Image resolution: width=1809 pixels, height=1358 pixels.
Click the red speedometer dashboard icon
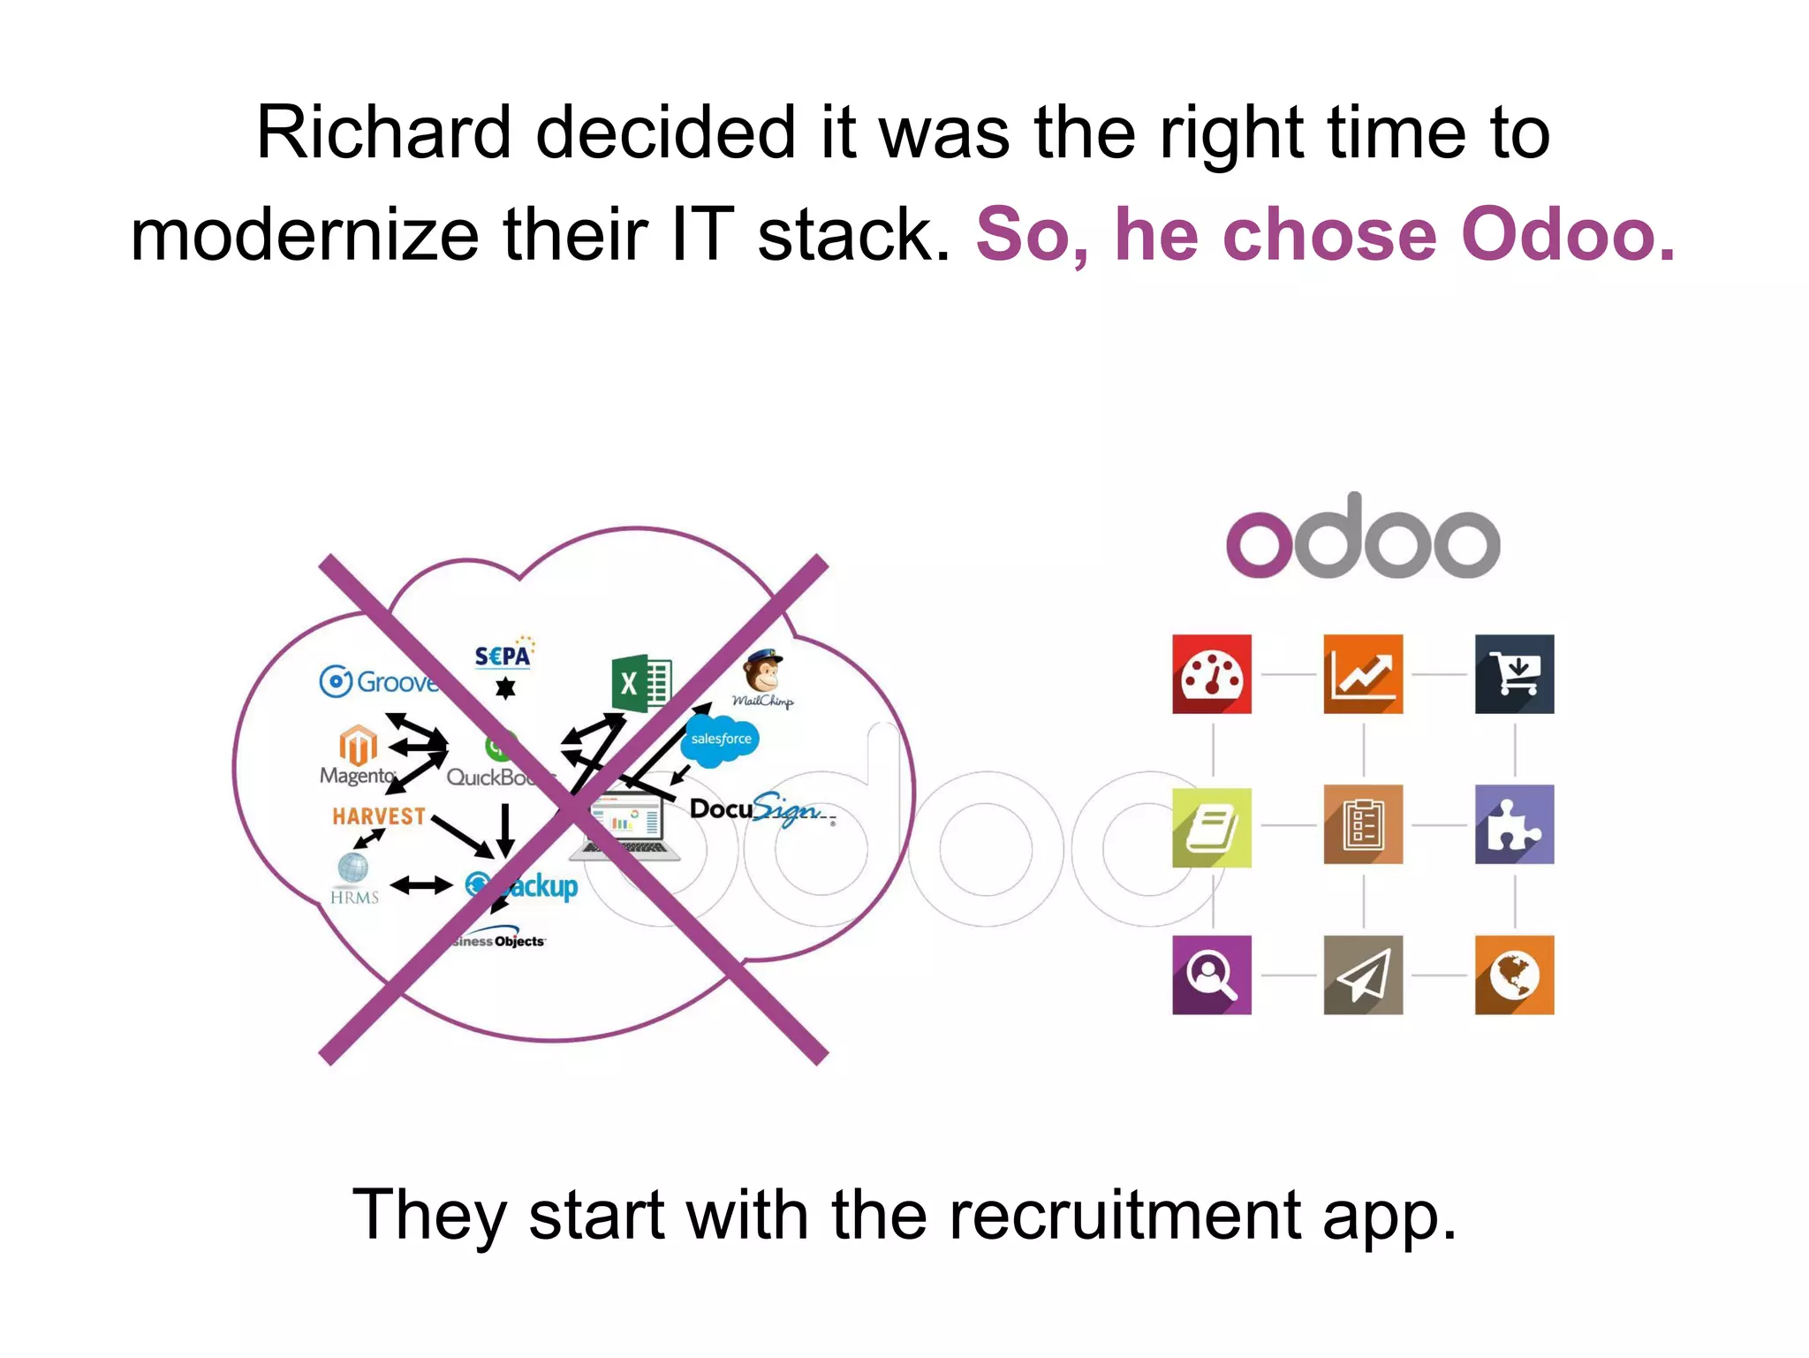1211,673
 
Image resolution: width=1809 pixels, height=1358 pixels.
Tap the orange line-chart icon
1362,673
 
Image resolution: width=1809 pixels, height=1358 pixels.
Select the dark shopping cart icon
1514,673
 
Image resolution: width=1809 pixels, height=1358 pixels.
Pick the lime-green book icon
1211,826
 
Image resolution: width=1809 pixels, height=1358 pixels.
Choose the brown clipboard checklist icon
1362,824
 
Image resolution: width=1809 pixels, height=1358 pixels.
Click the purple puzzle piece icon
1514,824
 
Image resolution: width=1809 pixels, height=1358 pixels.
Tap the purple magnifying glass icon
1211,975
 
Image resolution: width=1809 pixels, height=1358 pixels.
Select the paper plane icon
1362,975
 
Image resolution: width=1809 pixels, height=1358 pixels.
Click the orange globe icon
1514,975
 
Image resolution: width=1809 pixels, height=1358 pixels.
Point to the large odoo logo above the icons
1362,537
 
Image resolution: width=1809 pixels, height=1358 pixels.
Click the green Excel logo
641,683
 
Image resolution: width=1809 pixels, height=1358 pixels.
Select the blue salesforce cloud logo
721,739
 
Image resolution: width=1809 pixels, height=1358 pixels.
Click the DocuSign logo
760,808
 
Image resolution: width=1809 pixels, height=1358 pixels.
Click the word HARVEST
379,816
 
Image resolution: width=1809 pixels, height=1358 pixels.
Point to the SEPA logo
503,656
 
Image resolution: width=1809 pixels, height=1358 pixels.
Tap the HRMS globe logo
353,878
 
